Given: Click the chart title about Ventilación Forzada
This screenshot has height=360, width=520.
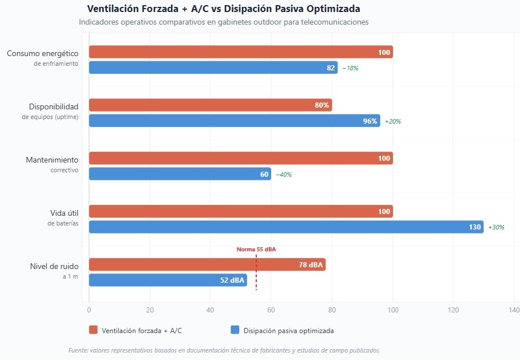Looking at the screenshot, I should tap(224, 9).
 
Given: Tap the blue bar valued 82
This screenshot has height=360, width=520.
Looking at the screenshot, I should tap(213, 68).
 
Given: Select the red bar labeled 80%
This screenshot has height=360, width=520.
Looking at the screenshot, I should tap(210, 105).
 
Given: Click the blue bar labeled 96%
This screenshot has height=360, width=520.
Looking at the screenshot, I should tap(234, 121).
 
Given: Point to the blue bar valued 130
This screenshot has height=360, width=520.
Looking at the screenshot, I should tap(286, 227).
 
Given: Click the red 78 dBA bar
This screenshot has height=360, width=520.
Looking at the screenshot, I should tap(207, 264).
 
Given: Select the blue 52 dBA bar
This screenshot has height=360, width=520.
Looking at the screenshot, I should tap(168, 280).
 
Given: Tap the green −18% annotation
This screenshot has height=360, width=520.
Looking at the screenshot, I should tap(350, 68).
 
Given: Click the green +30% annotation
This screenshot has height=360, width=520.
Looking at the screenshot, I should tap(495, 227).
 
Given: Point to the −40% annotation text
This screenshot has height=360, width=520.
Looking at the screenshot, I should tap(284, 175).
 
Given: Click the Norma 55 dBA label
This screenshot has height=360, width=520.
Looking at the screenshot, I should tap(256, 250).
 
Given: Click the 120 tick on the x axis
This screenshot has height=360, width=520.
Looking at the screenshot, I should tap(453, 310).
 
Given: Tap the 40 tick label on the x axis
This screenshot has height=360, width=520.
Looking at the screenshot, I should tap(211, 310).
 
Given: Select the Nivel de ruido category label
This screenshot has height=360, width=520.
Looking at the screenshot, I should tap(54, 266).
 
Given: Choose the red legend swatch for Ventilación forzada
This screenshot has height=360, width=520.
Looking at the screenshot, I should tap(93, 330).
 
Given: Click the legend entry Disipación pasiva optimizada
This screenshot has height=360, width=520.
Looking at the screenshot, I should tap(288, 330).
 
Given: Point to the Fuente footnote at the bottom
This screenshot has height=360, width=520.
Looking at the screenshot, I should tap(223, 350).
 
